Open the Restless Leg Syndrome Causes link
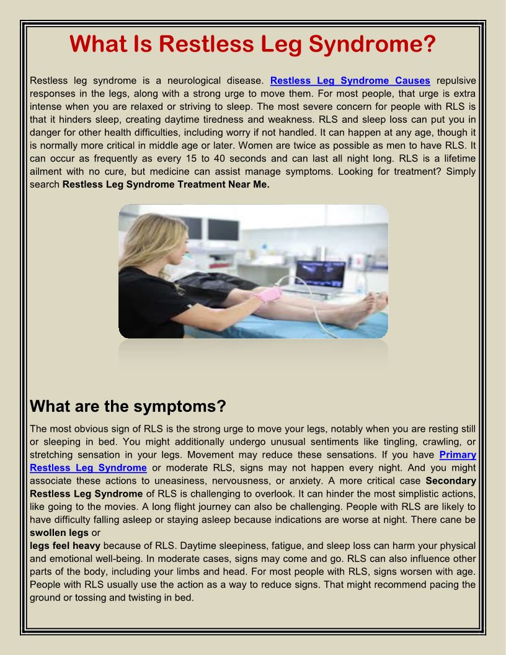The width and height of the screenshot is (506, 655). click(x=350, y=81)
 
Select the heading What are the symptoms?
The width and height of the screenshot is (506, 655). click(x=128, y=406)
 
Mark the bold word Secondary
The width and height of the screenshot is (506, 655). click(x=451, y=481)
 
